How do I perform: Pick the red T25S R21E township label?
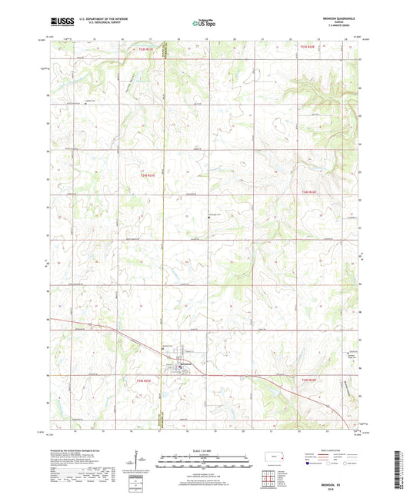[146, 380]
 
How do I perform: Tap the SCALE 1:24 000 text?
[203, 450]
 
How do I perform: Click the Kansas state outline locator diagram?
[270, 458]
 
